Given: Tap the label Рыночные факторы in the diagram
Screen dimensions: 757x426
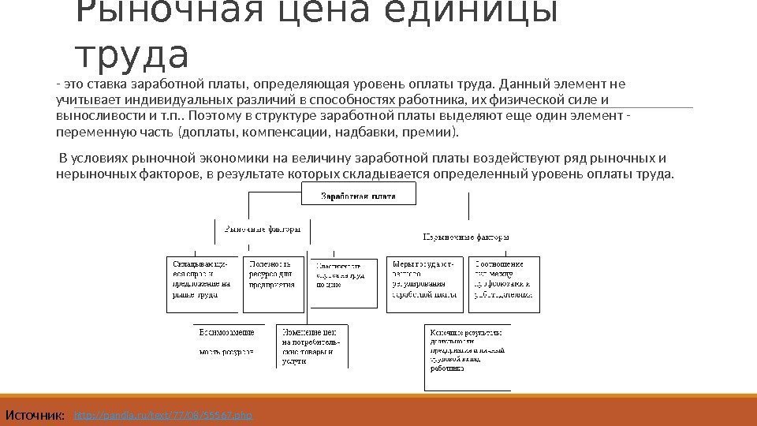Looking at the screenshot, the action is tap(263, 230).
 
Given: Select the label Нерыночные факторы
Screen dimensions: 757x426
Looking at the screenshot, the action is tap(466, 236).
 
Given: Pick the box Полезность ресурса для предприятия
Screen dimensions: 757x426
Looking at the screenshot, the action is tap(274, 278).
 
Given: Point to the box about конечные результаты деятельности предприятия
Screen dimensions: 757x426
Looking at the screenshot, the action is tap(467, 356).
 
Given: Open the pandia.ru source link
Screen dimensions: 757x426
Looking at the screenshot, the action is tap(162, 413).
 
